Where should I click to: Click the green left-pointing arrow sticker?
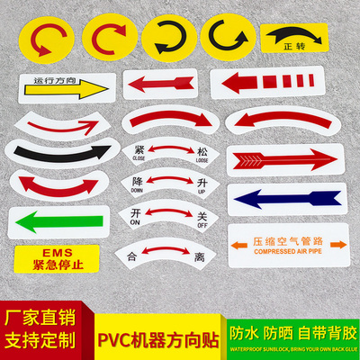point(55,220)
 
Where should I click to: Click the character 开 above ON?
point(138,213)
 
